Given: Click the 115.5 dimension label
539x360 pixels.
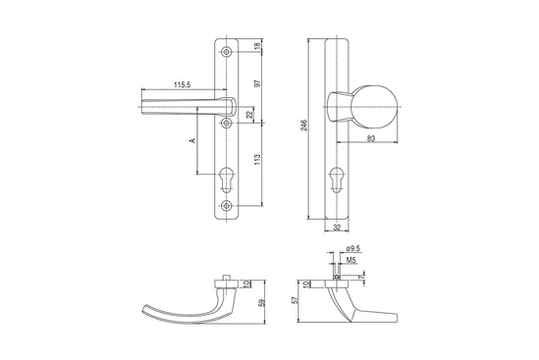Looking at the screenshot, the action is [x=183, y=84].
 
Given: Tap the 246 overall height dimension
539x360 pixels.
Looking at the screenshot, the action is [x=304, y=126].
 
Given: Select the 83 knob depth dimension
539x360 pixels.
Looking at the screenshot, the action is [x=371, y=138].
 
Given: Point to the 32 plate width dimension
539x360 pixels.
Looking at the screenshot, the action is [x=337, y=227].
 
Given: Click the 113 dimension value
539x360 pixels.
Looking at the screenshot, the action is [x=257, y=159].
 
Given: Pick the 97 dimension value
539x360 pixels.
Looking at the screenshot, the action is [x=257, y=82].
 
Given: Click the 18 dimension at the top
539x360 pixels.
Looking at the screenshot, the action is [x=257, y=46].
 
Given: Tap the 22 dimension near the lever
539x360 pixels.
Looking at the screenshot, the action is [x=250, y=115].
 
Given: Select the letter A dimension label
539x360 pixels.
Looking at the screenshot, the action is [x=192, y=140].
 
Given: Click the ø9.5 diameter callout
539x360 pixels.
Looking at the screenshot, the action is [x=353, y=249].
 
